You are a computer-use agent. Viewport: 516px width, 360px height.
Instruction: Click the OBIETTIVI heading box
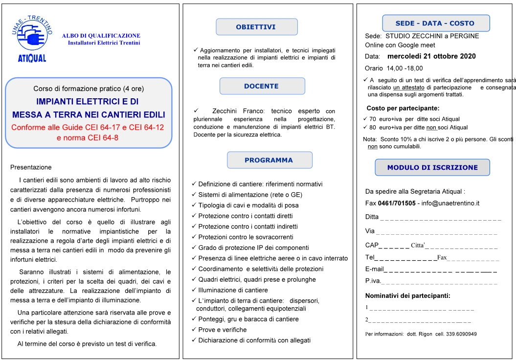pyautogui.click(x=256, y=27)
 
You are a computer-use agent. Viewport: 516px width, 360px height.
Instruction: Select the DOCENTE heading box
pyautogui.click(x=262, y=86)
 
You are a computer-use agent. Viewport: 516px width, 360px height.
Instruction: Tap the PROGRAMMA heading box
pyautogui.click(x=269, y=160)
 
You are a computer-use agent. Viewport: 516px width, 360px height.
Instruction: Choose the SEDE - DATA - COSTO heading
pyautogui.click(x=435, y=23)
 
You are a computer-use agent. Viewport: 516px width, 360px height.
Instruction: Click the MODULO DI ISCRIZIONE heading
pyautogui.click(x=432, y=167)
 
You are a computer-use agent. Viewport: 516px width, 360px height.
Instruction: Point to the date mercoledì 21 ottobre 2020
pyautogui.click(x=435, y=56)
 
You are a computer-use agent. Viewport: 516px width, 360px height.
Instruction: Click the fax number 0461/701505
pyautogui.click(x=397, y=203)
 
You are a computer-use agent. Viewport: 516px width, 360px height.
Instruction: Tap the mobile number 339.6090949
pyautogui.click(x=460, y=334)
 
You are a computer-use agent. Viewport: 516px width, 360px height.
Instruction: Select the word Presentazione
pyautogui.click(x=31, y=167)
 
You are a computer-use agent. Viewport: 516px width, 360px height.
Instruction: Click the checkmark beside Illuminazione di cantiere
pyautogui.click(x=194, y=290)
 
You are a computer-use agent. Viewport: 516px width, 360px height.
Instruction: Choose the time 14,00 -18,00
pyautogui.click(x=404, y=68)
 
